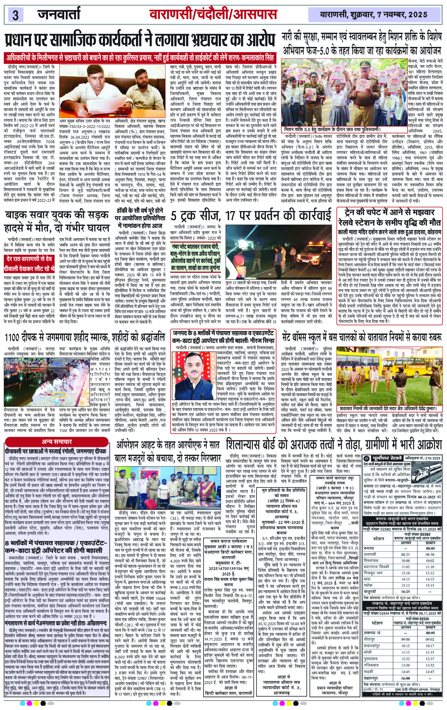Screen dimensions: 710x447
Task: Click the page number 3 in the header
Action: (16, 15)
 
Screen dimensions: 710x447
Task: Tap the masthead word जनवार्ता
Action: (59, 14)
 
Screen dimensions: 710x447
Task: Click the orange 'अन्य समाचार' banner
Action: (57, 442)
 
